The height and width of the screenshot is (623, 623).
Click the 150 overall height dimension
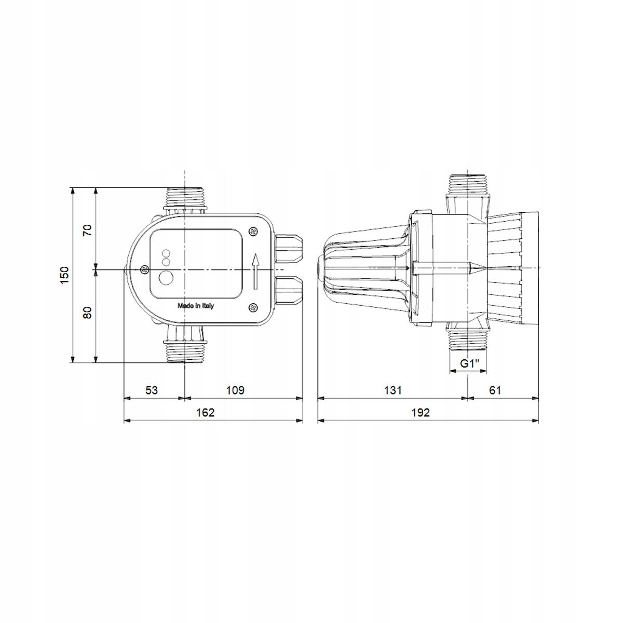pyautogui.click(x=64, y=275)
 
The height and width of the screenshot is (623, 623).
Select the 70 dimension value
pyautogui.click(x=87, y=229)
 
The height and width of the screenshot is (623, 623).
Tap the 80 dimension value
pyautogui.click(x=87, y=313)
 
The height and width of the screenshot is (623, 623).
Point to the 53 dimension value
pyautogui.click(x=151, y=390)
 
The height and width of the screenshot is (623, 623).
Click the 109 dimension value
pyautogui.click(x=235, y=390)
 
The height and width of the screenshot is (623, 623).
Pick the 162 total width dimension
pyautogui.click(x=205, y=412)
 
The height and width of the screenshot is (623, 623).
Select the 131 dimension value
pyautogui.click(x=393, y=390)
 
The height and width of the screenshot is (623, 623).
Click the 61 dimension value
pyautogui.click(x=495, y=390)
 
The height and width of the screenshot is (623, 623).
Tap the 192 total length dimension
pyautogui.click(x=421, y=412)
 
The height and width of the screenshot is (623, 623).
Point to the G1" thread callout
pyautogui.click(x=469, y=363)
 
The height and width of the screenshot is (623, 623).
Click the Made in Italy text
pyautogui.click(x=195, y=306)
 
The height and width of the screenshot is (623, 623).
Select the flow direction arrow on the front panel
pyautogui.click(x=255, y=272)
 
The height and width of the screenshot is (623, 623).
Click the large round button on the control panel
pyautogui.click(x=167, y=278)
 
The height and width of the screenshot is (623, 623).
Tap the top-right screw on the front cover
pyautogui.click(x=253, y=232)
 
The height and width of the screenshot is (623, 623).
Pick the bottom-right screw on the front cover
pyautogui.click(x=253, y=308)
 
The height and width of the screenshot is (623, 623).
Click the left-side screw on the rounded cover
pyautogui.click(x=144, y=269)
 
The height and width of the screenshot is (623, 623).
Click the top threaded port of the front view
pyautogui.click(x=185, y=198)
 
